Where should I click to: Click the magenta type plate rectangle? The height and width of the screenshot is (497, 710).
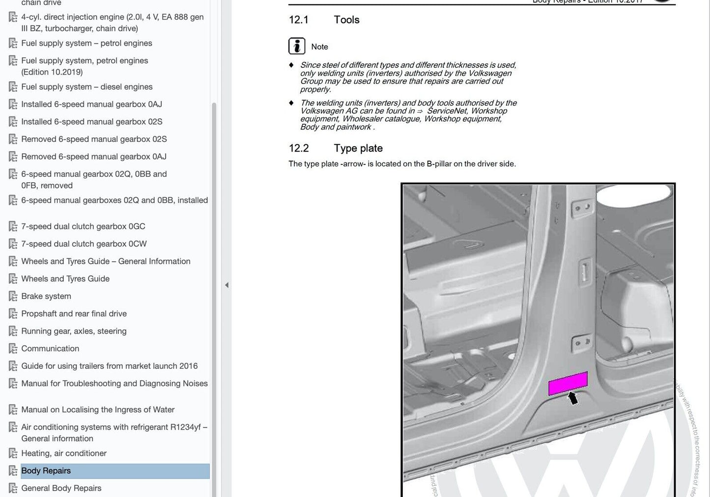point(568,384)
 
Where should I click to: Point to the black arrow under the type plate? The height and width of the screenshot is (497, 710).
point(572,397)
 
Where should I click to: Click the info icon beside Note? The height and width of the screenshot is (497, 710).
point(297,46)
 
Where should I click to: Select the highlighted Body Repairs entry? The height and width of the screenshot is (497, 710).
point(46,470)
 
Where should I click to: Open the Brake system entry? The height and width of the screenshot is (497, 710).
point(46,296)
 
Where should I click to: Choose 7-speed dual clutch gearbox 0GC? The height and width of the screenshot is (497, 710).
point(83,226)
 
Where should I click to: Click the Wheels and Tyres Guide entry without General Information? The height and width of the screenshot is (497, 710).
point(65,278)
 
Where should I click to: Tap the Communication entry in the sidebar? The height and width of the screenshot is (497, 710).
point(50,348)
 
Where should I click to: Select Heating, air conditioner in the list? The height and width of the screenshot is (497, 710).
point(64,453)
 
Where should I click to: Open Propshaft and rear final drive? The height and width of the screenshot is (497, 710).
point(74,313)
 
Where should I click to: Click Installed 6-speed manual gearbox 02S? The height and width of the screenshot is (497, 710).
point(91,121)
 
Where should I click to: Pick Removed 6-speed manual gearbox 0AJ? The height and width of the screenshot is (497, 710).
point(94,156)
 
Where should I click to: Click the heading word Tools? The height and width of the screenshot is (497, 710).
point(346,20)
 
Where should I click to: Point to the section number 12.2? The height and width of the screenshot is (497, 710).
point(299,148)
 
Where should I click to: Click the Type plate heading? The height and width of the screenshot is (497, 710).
point(358,148)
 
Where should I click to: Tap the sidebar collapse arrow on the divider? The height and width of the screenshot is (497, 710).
point(227,285)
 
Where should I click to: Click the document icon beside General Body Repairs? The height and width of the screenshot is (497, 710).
point(13,488)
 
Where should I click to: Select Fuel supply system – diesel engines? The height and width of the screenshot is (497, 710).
point(87,86)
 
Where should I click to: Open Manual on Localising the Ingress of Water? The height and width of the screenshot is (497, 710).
point(98,410)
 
